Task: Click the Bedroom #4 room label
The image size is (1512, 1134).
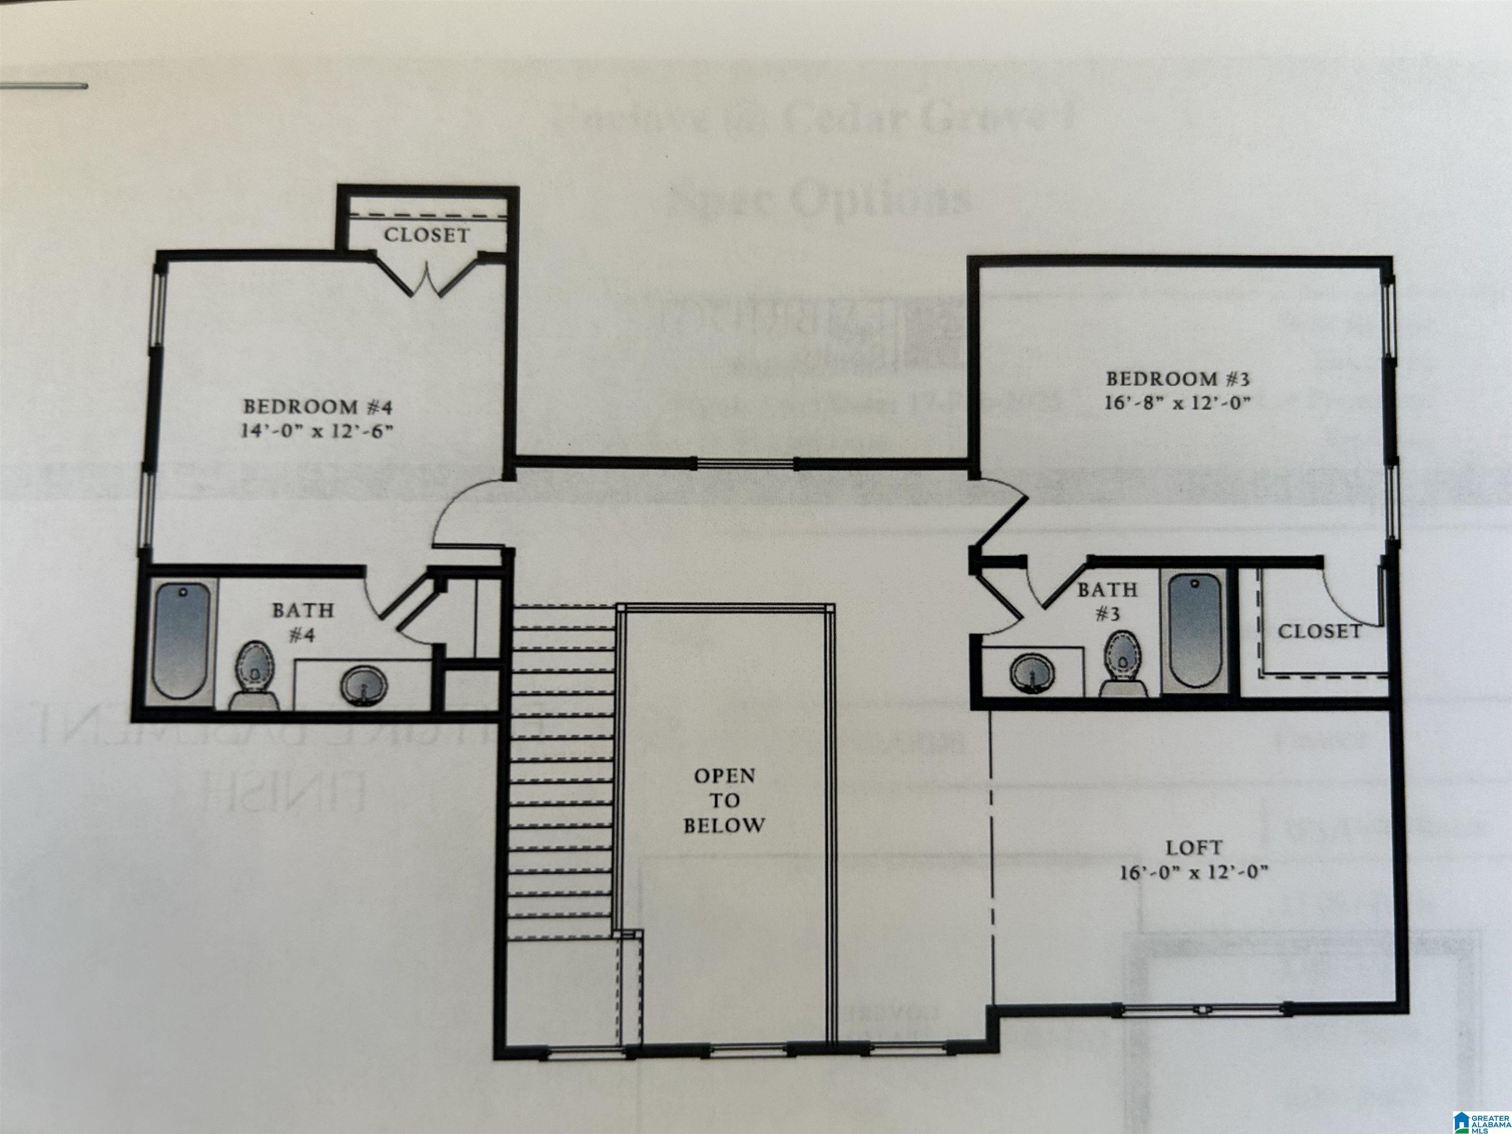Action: [318, 407]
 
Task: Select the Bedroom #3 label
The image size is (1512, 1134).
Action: [1178, 378]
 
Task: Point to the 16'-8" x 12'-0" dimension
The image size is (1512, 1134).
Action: [1178, 403]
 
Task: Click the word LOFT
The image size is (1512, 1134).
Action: [1194, 848]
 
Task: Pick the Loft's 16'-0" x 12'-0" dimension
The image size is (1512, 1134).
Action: [1194, 873]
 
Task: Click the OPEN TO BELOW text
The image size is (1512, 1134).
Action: [724, 800]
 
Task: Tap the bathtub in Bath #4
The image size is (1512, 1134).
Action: [181, 639]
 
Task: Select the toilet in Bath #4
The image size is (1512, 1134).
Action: [255, 673]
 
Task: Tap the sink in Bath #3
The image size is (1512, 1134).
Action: [1032, 673]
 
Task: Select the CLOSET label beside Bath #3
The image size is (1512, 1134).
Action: [1319, 631]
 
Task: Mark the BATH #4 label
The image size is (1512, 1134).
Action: [303, 622]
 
